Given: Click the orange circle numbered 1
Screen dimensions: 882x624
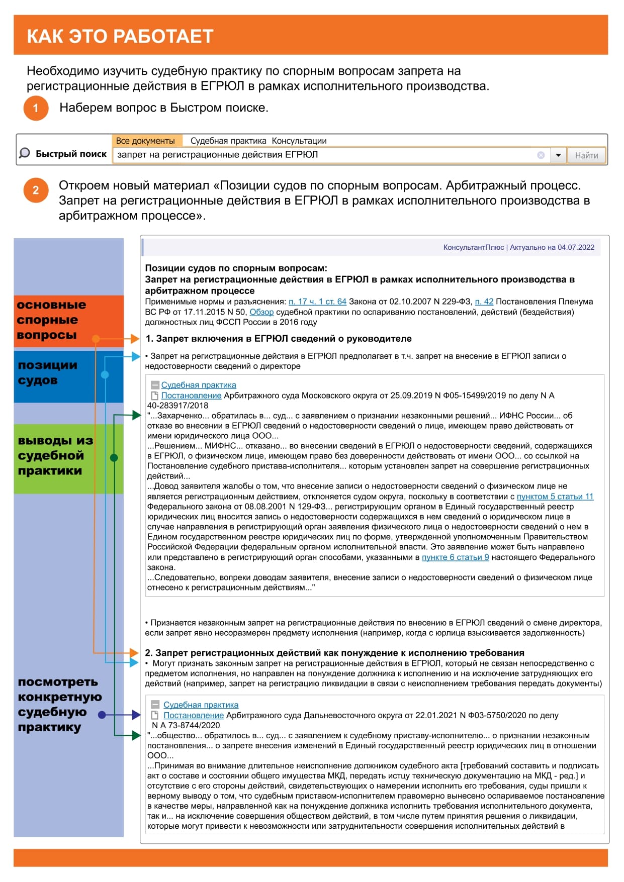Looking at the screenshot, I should pos(36,108).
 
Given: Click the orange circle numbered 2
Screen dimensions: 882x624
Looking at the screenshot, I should pos(36,190).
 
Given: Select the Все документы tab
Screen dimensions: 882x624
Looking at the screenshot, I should pos(145,141).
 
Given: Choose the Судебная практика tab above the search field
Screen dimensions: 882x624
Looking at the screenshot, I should pos(228,141).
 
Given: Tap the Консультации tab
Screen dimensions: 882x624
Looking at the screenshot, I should pos(299,141).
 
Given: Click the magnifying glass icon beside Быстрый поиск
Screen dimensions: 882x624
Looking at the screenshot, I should pos(24,153).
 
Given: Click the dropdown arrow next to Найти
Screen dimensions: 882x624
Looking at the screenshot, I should pos(558,155).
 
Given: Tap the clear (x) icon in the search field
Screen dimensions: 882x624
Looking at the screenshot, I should pos(541,155).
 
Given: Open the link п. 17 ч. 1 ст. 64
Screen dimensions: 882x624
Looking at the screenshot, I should pos(317,302).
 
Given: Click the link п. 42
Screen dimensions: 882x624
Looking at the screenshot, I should pos(484,302).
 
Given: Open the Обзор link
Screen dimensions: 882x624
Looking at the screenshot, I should pos(261,312).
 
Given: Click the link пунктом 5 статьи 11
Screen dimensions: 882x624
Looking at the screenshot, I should pos(555,497).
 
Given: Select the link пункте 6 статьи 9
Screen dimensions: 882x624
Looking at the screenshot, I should pos(455,557).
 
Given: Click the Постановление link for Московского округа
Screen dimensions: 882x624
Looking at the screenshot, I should pos(191,396).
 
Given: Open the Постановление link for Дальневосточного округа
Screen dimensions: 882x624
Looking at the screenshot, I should pos(194,715).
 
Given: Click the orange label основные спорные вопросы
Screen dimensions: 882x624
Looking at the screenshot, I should pos(51,320).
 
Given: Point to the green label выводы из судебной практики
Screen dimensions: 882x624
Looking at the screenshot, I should pos(55,456).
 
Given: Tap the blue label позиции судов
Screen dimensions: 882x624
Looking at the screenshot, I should pos(48,373).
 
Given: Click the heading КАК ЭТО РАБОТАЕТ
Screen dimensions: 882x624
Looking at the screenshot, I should pos(120,36).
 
